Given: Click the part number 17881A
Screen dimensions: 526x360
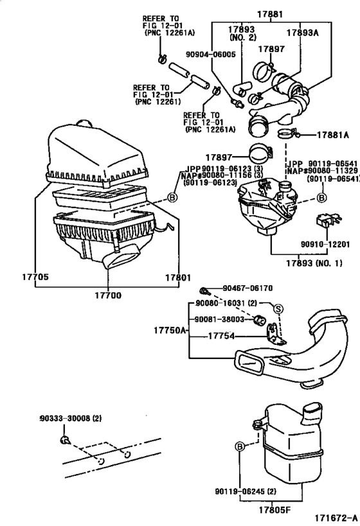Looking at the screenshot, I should [x=332, y=135].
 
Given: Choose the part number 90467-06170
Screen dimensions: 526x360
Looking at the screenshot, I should [x=249, y=289].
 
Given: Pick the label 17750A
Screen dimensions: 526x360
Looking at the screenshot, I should [x=170, y=330].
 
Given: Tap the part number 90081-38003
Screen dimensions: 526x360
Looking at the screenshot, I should [x=221, y=319].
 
